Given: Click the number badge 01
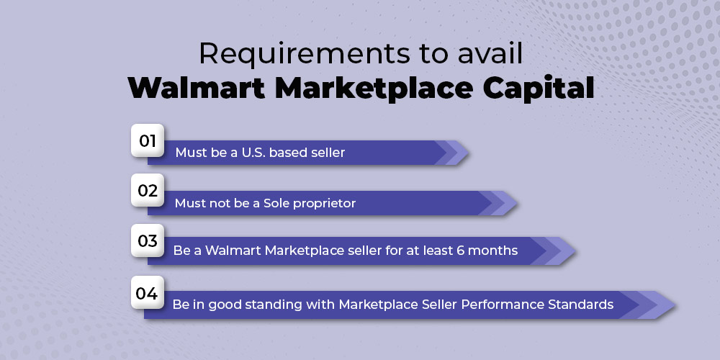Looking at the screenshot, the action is [148, 140].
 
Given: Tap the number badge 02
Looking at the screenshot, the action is [148, 190].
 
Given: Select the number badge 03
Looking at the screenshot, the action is [148, 240].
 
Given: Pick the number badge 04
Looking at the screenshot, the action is [148, 292].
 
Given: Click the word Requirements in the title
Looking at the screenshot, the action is [305, 53].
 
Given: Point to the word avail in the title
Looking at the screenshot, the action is [491, 53].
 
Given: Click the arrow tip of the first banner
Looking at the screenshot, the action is [468, 153].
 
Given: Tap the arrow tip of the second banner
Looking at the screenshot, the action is [516, 203].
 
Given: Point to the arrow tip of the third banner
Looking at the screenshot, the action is [575, 251].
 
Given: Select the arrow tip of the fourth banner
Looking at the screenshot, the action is [674, 305].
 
